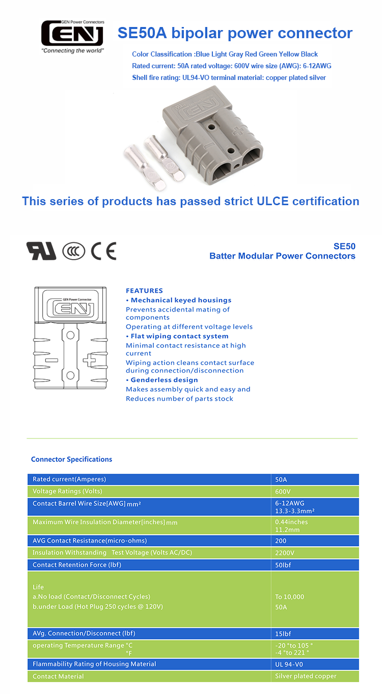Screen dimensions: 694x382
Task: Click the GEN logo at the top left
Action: pyautogui.click(x=72, y=34)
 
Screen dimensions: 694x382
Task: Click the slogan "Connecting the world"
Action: pyautogui.click(x=72, y=51)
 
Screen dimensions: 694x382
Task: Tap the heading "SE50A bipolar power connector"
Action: pyautogui.click(x=235, y=33)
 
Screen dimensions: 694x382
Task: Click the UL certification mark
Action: pyautogui.click(x=41, y=251)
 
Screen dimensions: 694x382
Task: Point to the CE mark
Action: pyautogui.click(x=103, y=251)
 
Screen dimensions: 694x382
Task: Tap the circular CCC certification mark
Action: pyautogui.click(x=73, y=251)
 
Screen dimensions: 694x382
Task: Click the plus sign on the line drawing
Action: pyautogui.click(x=90, y=360)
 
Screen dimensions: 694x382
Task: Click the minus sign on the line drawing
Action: pyautogui.click(x=51, y=360)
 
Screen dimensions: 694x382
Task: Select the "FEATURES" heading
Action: pyautogui.click(x=144, y=291)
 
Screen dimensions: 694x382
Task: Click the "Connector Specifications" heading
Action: pyautogui.click(x=71, y=459)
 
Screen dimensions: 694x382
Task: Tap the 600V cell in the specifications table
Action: pyautogui.click(x=283, y=491)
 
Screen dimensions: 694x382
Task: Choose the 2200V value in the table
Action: pyautogui.click(x=284, y=552)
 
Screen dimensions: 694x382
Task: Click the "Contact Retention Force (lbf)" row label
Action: pyautogui.click(x=76, y=565)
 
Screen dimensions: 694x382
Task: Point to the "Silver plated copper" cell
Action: pyautogui.click(x=306, y=676)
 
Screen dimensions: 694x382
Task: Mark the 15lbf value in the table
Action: pyautogui.click(x=283, y=633)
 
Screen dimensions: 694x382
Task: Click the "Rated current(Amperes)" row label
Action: pyautogui.click(x=69, y=479)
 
